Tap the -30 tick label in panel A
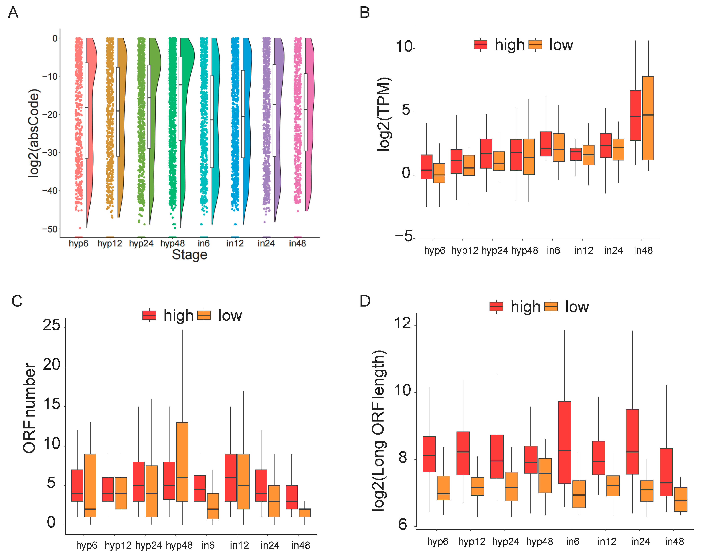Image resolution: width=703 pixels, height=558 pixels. point(50,153)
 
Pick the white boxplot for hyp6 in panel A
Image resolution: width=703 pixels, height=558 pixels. point(86,110)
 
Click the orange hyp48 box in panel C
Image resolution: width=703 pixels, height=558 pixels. point(182,461)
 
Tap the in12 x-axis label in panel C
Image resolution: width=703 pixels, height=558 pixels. point(239,545)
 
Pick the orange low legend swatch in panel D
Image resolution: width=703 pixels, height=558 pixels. point(551,307)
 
